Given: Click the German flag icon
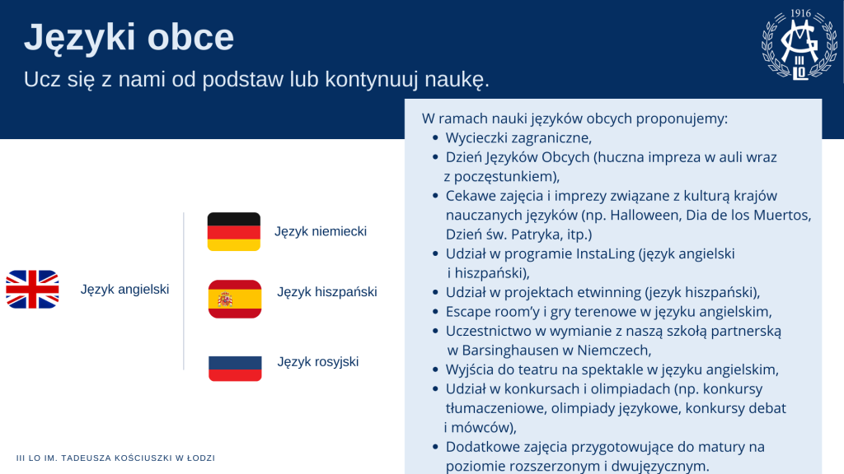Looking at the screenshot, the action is click(233, 231).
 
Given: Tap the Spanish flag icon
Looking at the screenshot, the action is click(235, 299).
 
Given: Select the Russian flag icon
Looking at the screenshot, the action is click(235, 368).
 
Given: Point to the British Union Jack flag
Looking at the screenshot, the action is click(32, 289).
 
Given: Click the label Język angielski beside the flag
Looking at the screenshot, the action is click(125, 289).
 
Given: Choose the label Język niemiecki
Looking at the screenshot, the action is click(321, 231).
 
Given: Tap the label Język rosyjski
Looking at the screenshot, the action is click(318, 362).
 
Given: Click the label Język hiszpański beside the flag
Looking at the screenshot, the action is click(327, 292).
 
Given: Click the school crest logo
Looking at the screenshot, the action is click(799, 45).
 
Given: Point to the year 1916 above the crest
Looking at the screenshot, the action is click(800, 13).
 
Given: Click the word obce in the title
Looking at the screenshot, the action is click(190, 37).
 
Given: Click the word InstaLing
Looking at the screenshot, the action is click(606, 253).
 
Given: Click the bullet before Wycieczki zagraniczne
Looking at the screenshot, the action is click(435, 138).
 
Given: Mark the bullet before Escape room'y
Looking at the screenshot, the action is click(435, 312).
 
